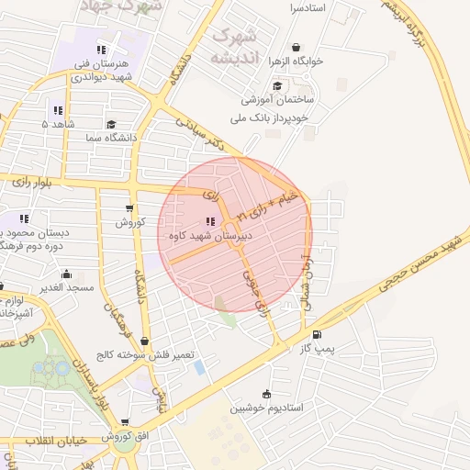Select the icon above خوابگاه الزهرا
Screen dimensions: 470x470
pyautogui.click(x=296, y=48)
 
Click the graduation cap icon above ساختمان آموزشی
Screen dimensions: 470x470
pyautogui.click(x=276, y=85)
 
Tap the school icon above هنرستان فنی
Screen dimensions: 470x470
pyautogui.click(x=101, y=50)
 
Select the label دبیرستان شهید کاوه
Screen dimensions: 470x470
pyautogui.click(x=210, y=236)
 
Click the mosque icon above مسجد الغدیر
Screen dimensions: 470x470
pyautogui.click(x=66, y=274)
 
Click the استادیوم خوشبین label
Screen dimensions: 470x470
pyautogui.click(x=264, y=406)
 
